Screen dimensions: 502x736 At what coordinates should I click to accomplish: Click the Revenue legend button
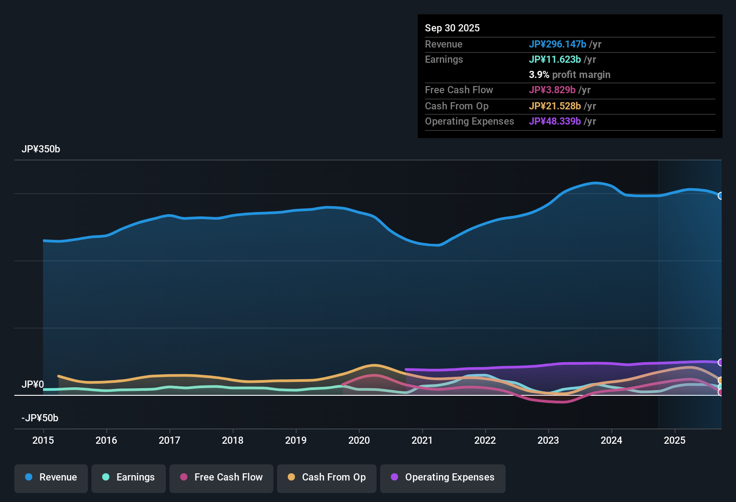click(x=51, y=477)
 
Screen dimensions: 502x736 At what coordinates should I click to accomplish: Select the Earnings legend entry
click(x=129, y=477)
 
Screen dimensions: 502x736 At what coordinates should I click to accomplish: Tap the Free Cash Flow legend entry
click(x=221, y=477)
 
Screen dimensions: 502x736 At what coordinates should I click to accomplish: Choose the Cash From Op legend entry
click(x=327, y=477)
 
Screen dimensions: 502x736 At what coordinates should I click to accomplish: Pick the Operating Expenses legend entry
click(x=443, y=477)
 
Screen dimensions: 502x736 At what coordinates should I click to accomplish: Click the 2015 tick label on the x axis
click(x=43, y=440)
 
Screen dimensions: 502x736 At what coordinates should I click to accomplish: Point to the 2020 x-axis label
click(x=359, y=440)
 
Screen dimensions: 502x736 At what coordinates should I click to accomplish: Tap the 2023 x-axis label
click(x=548, y=440)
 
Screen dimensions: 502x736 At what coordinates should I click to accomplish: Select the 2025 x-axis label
click(x=675, y=440)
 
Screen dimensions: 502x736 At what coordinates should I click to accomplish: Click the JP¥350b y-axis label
click(x=41, y=149)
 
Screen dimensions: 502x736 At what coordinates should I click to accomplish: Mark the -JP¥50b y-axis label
click(x=40, y=418)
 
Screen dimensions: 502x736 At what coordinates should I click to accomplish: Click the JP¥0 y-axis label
click(x=33, y=385)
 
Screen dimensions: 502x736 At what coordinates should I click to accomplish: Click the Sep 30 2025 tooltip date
click(x=452, y=28)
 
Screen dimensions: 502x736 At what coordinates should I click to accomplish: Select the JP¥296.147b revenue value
click(x=557, y=44)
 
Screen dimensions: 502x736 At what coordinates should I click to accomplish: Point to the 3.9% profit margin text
click(x=569, y=75)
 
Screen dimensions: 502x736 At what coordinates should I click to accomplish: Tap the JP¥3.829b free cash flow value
click(x=552, y=90)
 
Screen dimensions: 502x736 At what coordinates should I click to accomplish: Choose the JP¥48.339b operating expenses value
click(x=554, y=121)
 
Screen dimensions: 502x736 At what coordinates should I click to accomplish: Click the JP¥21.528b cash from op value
click(x=554, y=106)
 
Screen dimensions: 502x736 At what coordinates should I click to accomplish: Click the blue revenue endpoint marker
click(x=721, y=196)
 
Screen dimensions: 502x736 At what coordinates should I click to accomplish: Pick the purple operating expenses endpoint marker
click(x=721, y=362)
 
